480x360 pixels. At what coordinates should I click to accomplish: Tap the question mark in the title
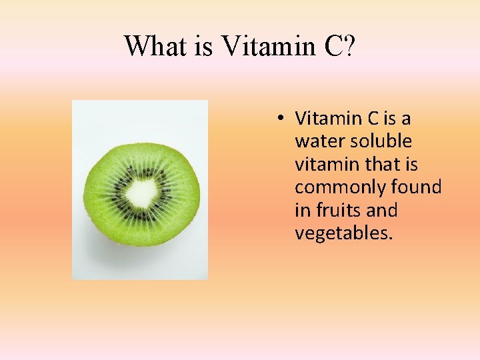click(349, 45)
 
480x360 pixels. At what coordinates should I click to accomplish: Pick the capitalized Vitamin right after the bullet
click(329, 119)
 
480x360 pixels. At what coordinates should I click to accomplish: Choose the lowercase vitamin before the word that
click(325, 164)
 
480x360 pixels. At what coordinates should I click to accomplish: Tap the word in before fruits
click(301, 210)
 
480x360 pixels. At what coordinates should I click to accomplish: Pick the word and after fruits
click(382, 210)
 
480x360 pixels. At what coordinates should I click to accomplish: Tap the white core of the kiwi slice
click(141, 193)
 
